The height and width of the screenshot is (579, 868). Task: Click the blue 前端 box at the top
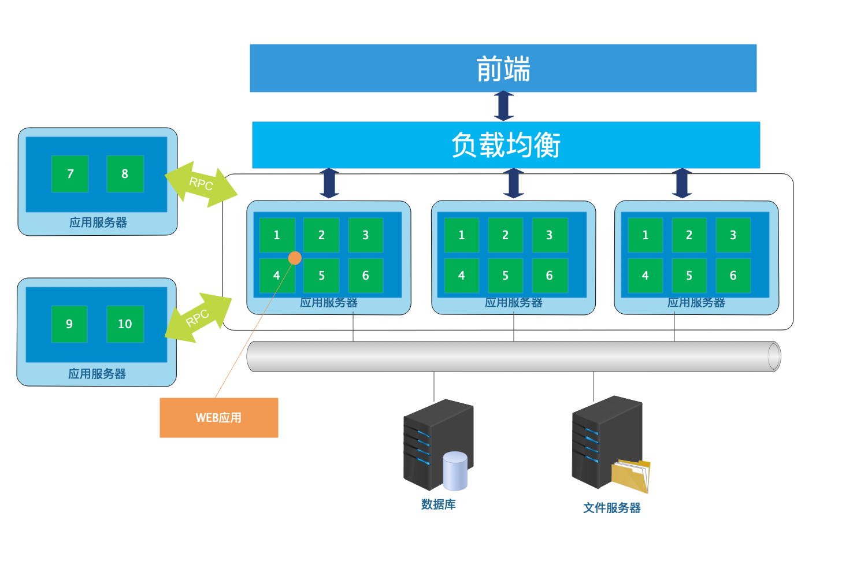tap(503, 68)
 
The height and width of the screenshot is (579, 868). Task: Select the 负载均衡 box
tap(506, 144)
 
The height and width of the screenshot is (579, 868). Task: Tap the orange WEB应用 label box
tap(218, 417)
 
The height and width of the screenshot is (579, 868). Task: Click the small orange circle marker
tap(295, 258)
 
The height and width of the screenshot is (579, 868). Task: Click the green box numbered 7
tap(70, 174)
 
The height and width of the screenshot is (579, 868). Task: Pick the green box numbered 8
tap(125, 174)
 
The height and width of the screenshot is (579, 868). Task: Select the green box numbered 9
tap(69, 324)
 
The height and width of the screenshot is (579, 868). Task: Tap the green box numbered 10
tap(125, 324)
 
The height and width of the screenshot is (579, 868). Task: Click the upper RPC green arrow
tap(201, 184)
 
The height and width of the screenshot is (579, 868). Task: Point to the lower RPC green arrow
tap(198, 318)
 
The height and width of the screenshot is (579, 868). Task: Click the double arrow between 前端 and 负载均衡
tap(504, 106)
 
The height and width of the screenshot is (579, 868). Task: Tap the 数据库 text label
tap(438, 504)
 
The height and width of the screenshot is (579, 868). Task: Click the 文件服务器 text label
tap(611, 508)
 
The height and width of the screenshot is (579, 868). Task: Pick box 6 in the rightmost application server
tap(733, 276)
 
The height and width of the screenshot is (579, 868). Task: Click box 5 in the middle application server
tap(505, 276)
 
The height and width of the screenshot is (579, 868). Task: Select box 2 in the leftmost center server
tap(321, 235)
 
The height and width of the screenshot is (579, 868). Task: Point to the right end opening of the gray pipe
tap(773, 356)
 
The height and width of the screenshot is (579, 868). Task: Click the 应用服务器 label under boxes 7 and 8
tap(98, 222)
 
